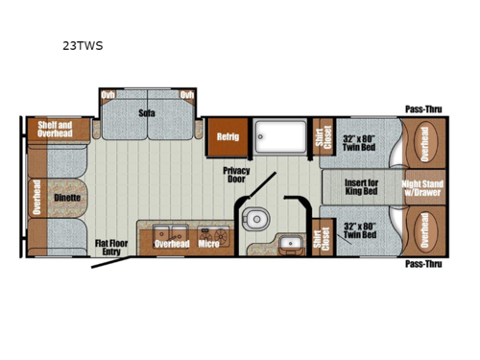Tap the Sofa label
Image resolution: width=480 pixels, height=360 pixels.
click(146, 113)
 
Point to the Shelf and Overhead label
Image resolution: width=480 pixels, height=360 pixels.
click(54, 130)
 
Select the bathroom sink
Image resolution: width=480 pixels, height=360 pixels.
click(285, 241)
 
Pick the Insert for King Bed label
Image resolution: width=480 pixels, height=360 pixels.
click(362, 184)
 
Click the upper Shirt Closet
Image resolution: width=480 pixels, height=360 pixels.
click(321, 136)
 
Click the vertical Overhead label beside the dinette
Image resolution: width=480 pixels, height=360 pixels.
click(36, 197)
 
